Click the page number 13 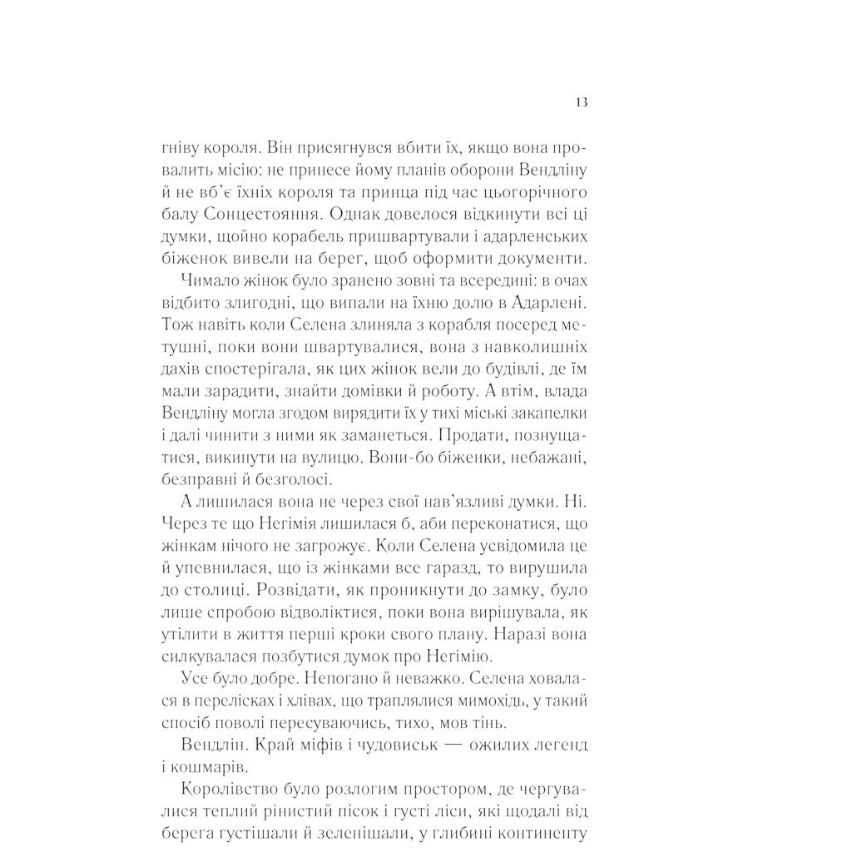(x=581, y=102)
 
